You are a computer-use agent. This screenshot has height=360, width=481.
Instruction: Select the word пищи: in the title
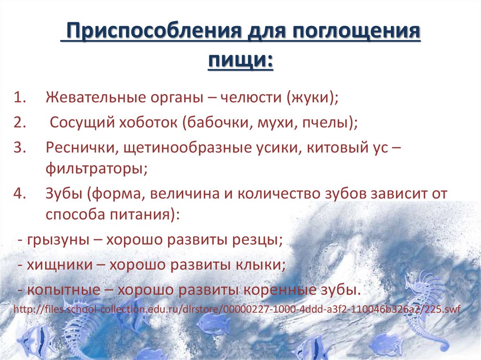[240, 60]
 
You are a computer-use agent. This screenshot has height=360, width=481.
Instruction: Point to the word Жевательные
[92, 99]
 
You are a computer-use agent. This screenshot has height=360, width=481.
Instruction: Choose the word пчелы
[329, 123]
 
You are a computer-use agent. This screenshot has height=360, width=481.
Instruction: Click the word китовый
[335, 148]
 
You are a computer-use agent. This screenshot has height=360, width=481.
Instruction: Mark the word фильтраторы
[96, 168]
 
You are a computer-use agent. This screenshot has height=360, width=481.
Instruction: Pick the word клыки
[262, 265]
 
